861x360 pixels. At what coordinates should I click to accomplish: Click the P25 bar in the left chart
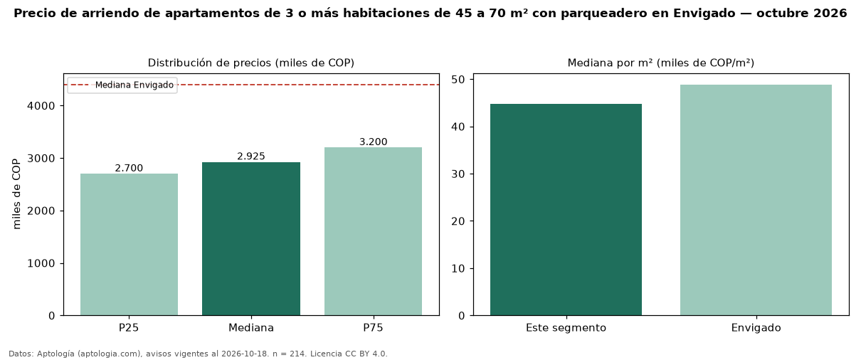click(x=130, y=244)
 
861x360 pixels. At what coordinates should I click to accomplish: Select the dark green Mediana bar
click(x=251, y=238)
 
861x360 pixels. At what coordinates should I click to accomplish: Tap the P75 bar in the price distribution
click(x=373, y=231)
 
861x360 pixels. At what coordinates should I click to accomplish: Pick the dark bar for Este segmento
click(x=566, y=209)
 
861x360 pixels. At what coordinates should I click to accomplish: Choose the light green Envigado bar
click(x=756, y=200)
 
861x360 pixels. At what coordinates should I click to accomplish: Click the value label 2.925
click(x=251, y=156)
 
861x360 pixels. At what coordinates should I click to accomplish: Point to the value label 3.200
click(x=374, y=142)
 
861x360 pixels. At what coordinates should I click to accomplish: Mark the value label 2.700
click(x=129, y=168)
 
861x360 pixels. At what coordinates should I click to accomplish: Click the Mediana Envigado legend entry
click(x=122, y=85)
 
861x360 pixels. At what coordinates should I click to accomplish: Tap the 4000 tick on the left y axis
click(x=41, y=106)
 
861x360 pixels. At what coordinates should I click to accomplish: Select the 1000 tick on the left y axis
click(x=41, y=263)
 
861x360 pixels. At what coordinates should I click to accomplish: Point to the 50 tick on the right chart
click(x=458, y=80)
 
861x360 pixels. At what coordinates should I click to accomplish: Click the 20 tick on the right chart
click(x=458, y=221)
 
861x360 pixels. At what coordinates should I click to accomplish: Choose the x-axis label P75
click(x=373, y=328)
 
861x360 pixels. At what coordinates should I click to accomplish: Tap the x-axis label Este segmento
click(x=566, y=328)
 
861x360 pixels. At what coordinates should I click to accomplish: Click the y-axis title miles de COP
click(x=16, y=194)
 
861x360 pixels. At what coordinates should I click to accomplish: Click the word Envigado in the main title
click(x=704, y=14)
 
